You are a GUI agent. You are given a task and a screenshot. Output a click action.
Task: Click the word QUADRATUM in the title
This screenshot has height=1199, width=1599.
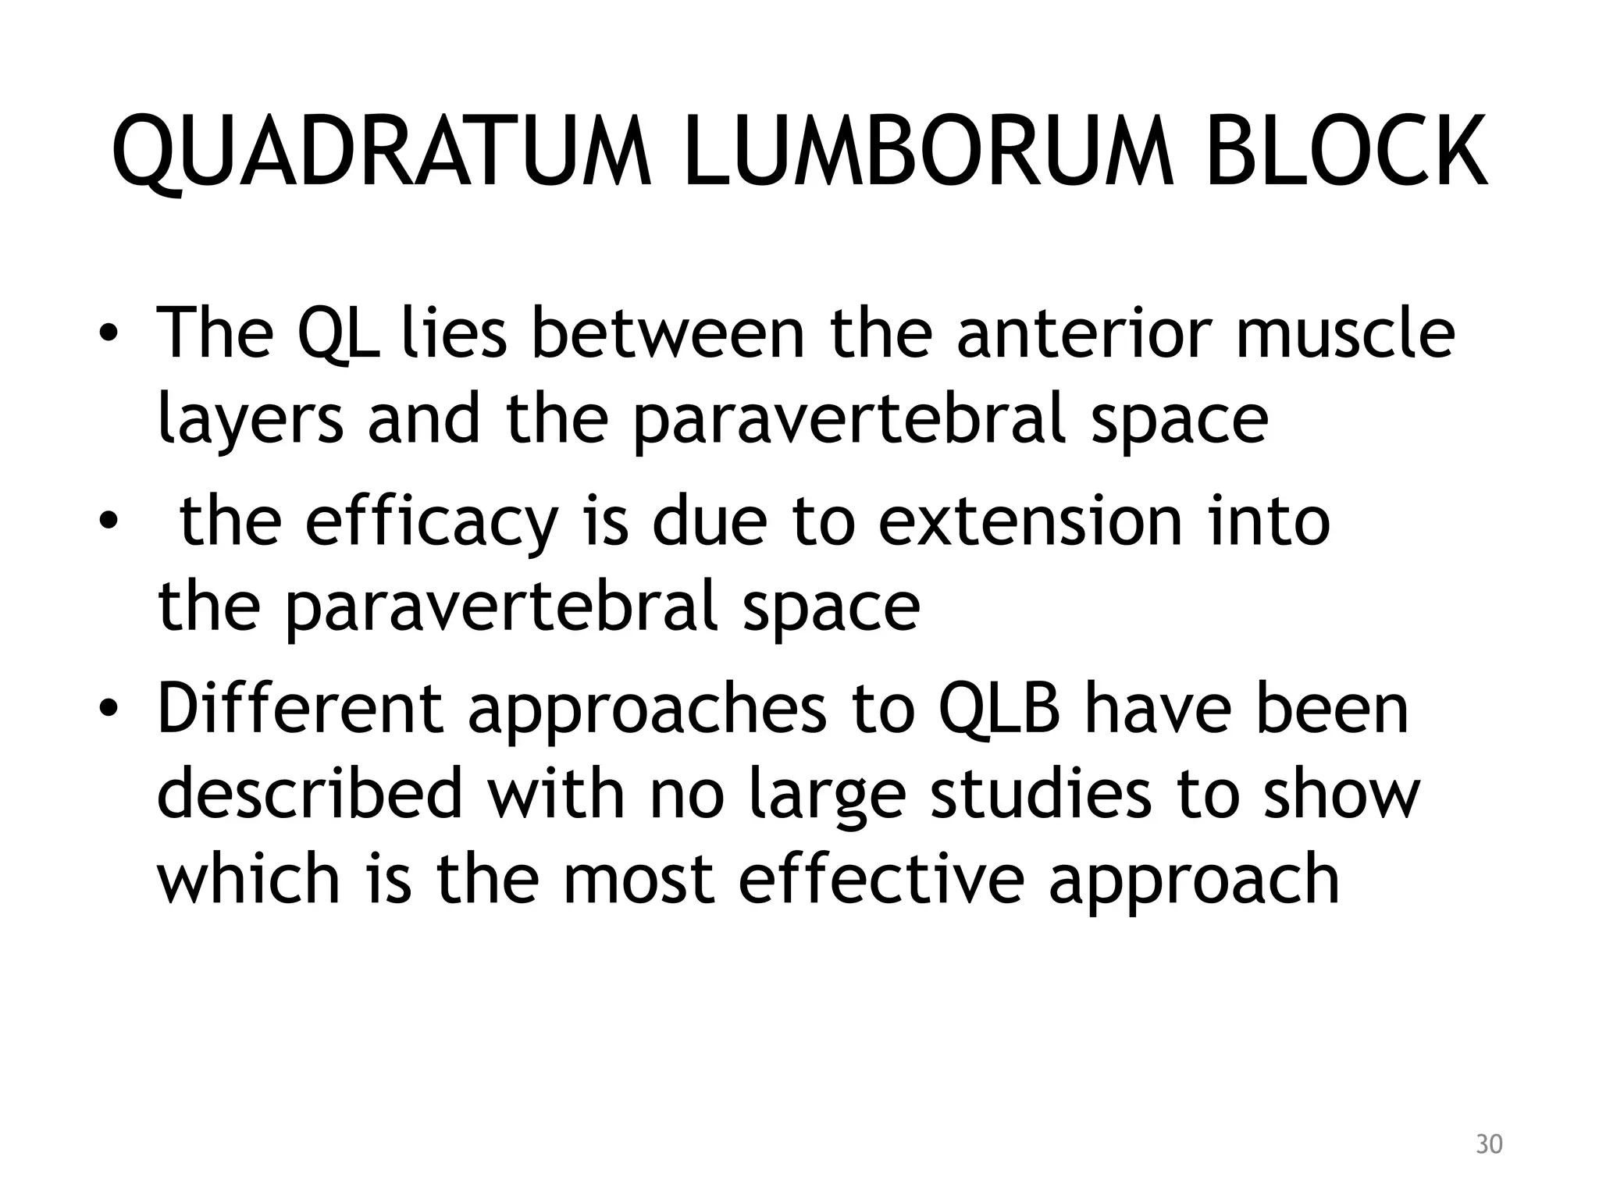[x=382, y=151]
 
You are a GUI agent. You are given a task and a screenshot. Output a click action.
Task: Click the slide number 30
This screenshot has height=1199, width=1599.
[x=1489, y=1144]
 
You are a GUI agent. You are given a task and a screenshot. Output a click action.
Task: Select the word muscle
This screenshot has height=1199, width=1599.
[x=1344, y=334]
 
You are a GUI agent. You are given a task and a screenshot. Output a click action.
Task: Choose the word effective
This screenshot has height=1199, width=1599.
[x=881, y=879]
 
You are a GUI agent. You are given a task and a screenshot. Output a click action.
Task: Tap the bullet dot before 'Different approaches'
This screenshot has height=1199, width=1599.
[x=109, y=710]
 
